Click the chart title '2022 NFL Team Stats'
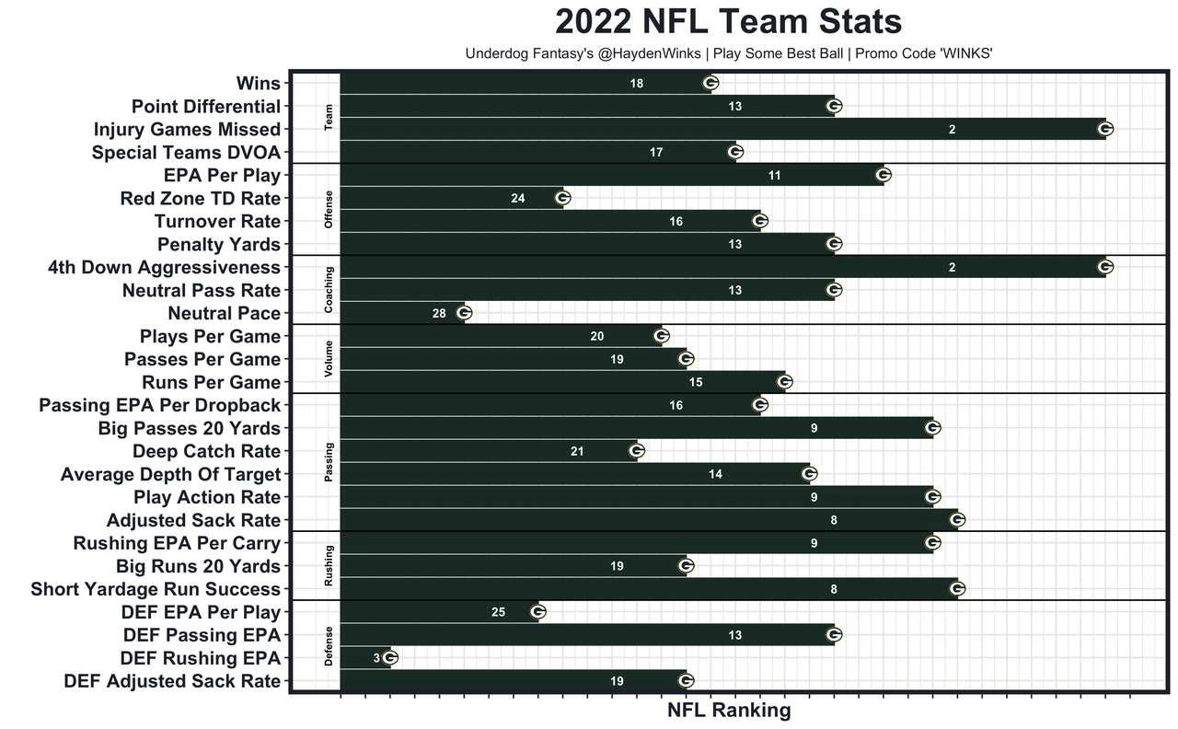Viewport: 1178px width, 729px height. tap(728, 22)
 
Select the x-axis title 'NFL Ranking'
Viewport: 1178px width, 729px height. tap(728, 710)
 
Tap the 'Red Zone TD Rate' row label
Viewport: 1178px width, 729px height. tap(201, 198)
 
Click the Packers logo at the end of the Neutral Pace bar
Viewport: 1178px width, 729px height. tap(464, 313)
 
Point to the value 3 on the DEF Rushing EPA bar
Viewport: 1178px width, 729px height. tap(376, 658)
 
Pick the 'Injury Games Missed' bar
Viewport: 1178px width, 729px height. tap(722, 129)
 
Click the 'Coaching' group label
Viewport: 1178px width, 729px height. tap(329, 290)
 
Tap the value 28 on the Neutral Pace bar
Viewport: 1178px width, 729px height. tap(439, 313)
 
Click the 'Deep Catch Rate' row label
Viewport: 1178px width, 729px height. tap(206, 451)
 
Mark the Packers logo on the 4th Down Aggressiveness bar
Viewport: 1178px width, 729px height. tap(1105, 267)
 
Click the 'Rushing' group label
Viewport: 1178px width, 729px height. tap(329, 566)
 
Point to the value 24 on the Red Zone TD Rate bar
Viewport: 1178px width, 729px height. tap(518, 198)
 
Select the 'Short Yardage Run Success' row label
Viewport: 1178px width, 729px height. tap(156, 589)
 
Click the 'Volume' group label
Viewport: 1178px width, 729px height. tap(329, 359)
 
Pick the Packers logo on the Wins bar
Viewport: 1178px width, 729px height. tap(710, 83)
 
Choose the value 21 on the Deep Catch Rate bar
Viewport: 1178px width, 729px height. tap(577, 451)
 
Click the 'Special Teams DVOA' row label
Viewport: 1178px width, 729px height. tap(186, 152)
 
